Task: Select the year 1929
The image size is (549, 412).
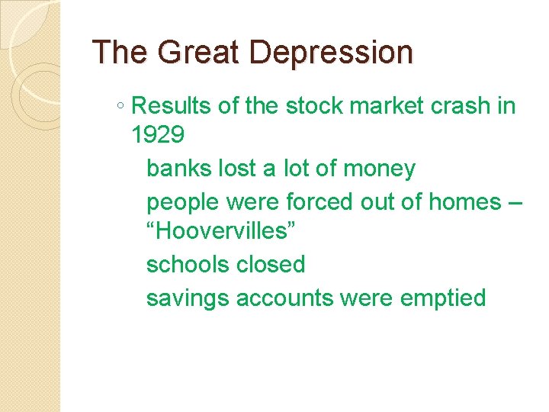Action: pyautogui.click(x=158, y=136)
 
